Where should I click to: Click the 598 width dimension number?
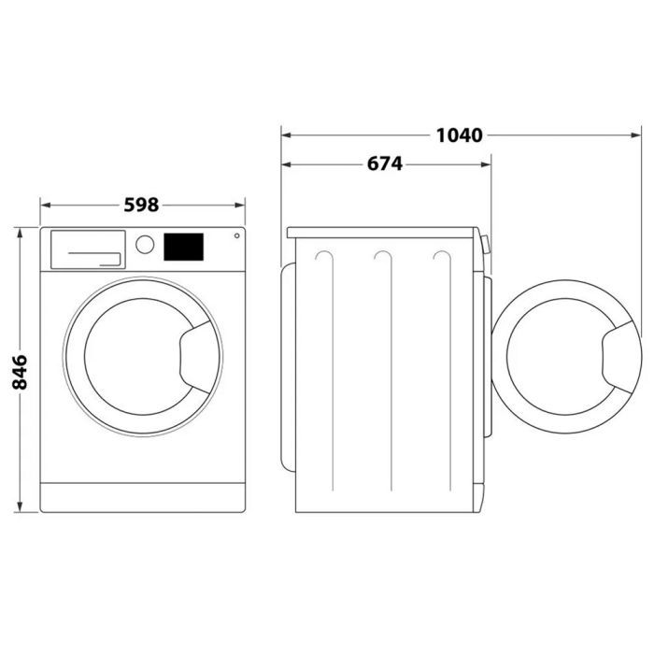tap(142, 205)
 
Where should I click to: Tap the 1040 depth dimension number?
tap(459, 135)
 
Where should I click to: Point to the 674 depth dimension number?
tap(384, 164)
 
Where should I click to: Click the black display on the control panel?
tap(184, 247)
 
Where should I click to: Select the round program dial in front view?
tap(145, 245)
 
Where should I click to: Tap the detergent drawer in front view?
tap(87, 249)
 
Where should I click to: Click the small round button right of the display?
tap(235, 235)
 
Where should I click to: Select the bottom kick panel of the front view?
tap(142, 496)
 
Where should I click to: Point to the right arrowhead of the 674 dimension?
tap(486, 164)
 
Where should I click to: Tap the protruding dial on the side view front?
tap(486, 245)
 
